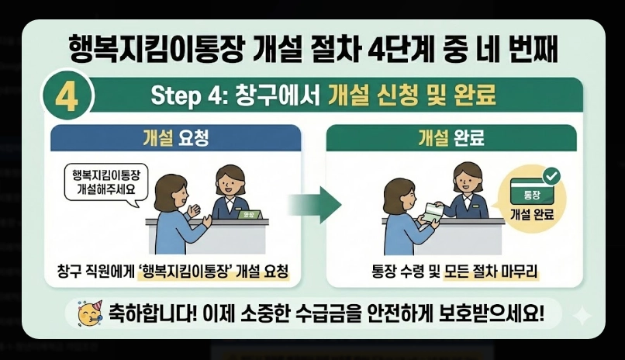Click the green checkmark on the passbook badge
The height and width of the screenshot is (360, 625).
click(551, 175)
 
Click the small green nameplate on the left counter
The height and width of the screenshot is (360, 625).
click(249, 213)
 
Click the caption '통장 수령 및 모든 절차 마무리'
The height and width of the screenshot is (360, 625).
click(455, 272)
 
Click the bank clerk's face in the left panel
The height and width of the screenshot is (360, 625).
click(229, 183)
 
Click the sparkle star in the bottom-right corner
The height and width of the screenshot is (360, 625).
click(579, 313)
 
